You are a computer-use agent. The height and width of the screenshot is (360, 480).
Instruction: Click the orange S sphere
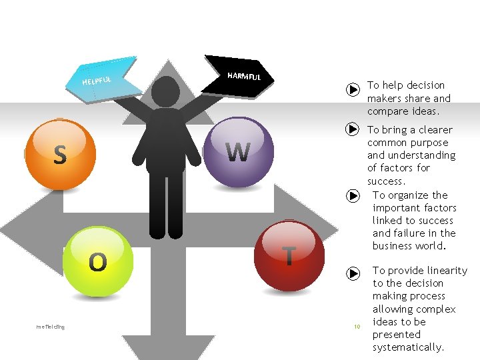[x=61, y=153]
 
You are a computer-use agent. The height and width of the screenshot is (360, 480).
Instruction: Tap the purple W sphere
[x=238, y=153]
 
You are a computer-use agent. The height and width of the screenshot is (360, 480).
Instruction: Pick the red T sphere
[x=289, y=255]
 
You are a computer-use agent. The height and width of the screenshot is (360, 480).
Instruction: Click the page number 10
[x=357, y=327]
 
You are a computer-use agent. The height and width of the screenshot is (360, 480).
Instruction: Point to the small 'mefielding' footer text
[x=51, y=326]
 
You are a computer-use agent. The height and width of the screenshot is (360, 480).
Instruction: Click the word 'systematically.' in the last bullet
[x=408, y=347]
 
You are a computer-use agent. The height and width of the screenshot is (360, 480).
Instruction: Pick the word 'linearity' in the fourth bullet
[x=446, y=270]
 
